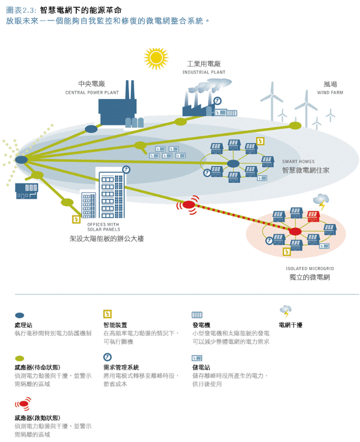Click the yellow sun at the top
point(156,57)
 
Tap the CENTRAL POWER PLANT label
point(92,93)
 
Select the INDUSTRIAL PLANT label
point(204,72)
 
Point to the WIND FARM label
point(330,93)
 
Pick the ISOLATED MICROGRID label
point(310,269)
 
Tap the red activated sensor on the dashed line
point(189,205)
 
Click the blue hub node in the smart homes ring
point(234,164)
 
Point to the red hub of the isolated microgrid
point(295,231)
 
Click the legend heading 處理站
point(23,325)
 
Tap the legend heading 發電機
point(201,325)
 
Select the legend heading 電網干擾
point(290,325)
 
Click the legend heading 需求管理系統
point(121,367)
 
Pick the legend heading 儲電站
point(201,367)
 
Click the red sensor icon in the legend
point(22,405)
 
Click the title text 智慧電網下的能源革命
point(81,10)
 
